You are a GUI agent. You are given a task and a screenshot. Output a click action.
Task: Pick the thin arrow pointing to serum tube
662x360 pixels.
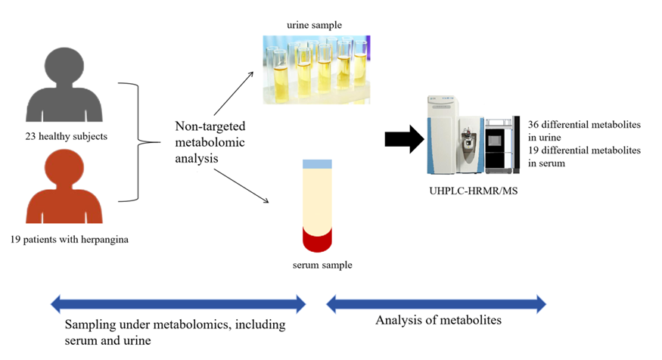[x=241, y=185]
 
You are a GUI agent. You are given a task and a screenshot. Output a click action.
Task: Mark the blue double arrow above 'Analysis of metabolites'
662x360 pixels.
[x=435, y=304]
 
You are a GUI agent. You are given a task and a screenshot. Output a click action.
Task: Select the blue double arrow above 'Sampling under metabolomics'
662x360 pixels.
[x=178, y=304]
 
